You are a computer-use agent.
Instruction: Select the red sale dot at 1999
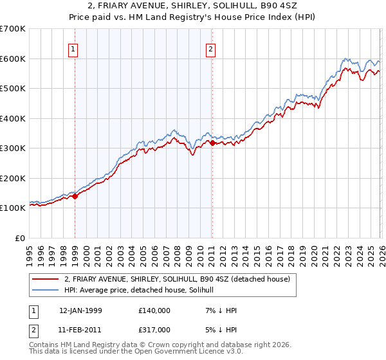pyautogui.click(x=75, y=197)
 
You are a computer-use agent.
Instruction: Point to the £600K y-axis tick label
pyautogui.click(x=13, y=59)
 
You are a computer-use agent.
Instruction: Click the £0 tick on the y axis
pyautogui.click(x=20, y=238)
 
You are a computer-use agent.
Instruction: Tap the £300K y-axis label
pyautogui.click(x=13, y=148)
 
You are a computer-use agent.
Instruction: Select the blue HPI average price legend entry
pyautogui.click(x=143, y=291)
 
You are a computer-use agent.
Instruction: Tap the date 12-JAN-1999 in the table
pyautogui.click(x=81, y=310)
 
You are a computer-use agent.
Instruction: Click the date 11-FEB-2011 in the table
pyautogui.click(x=81, y=330)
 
